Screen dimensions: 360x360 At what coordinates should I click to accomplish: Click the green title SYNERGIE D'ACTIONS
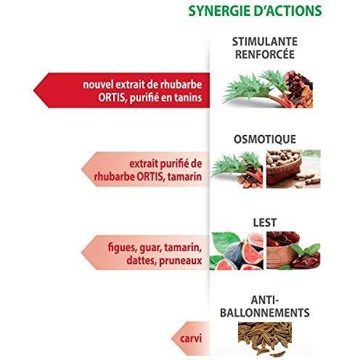coord(255,11)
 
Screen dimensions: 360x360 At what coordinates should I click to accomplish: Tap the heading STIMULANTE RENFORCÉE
coord(265,48)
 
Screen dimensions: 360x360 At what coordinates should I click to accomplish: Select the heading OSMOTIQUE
coord(265,139)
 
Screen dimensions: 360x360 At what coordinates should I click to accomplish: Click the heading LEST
coord(265,223)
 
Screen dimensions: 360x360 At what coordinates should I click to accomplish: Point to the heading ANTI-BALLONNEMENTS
coord(265,306)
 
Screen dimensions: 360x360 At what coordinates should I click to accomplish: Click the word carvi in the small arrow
coord(191,338)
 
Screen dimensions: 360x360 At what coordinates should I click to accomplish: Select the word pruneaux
coord(181,261)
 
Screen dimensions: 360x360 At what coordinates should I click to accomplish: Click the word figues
coord(122,247)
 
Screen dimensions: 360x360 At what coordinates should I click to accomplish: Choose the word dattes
coord(141,261)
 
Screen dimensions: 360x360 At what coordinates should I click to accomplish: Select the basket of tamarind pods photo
coord(293,169)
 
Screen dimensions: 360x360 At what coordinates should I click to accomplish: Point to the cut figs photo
coord(237,251)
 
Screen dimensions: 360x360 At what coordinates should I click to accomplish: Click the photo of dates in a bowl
coord(293,250)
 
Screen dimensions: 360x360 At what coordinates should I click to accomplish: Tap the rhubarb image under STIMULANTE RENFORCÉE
coord(268,89)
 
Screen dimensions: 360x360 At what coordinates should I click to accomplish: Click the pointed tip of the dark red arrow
coord(33,91)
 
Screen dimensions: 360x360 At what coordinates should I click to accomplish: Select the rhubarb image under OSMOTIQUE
coord(237,169)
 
